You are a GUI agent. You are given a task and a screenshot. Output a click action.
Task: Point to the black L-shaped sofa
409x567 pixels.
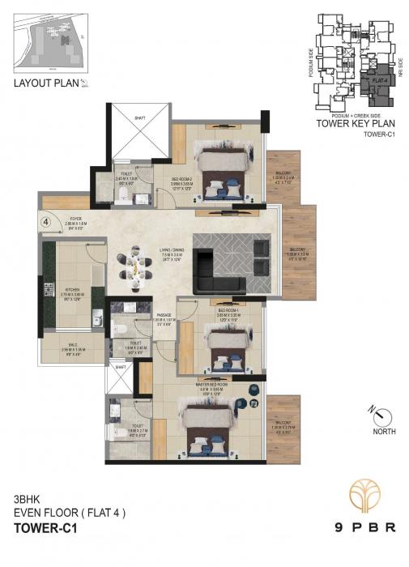pyautogui.click(x=219, y=272)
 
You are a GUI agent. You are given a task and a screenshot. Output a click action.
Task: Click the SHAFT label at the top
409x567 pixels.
pyautogui.click(x=140, y=113)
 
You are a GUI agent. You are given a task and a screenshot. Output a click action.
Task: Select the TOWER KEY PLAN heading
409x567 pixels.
pyautogui.click(x=353, y=126)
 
